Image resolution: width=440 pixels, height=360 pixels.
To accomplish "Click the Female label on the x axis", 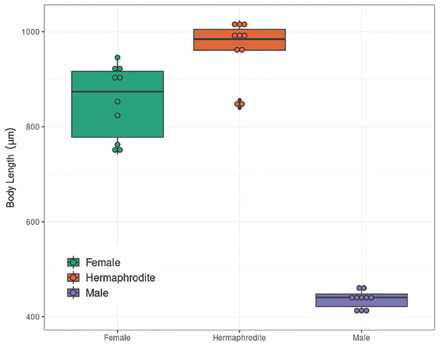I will click(117, 338).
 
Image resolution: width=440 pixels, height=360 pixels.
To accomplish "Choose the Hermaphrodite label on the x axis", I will click(239, 338).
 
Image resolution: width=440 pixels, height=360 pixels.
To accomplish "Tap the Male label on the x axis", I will click(361, 338).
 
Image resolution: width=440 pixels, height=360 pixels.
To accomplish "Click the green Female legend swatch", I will click(73, 262).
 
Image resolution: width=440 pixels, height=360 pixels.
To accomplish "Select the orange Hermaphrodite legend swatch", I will click(73, 278).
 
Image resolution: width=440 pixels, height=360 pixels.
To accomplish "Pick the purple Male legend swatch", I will click(73, 293).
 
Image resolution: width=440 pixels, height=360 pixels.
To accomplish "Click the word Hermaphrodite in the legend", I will click(120, 278).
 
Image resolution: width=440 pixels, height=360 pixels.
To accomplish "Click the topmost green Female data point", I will click(118, 58).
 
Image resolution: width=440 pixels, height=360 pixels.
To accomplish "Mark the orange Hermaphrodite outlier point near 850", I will click(239, 104).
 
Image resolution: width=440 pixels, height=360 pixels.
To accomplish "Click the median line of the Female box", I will click(118, 92).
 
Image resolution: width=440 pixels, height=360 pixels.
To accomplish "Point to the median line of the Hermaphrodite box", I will click(239, 39).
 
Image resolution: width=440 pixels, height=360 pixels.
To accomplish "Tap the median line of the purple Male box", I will click(361, 297).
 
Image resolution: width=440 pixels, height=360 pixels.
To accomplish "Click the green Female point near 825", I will click(118, 115).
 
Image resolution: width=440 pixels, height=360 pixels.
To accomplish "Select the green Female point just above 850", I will click(118, 102).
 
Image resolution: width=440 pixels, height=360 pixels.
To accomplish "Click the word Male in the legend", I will click(97, 293).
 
